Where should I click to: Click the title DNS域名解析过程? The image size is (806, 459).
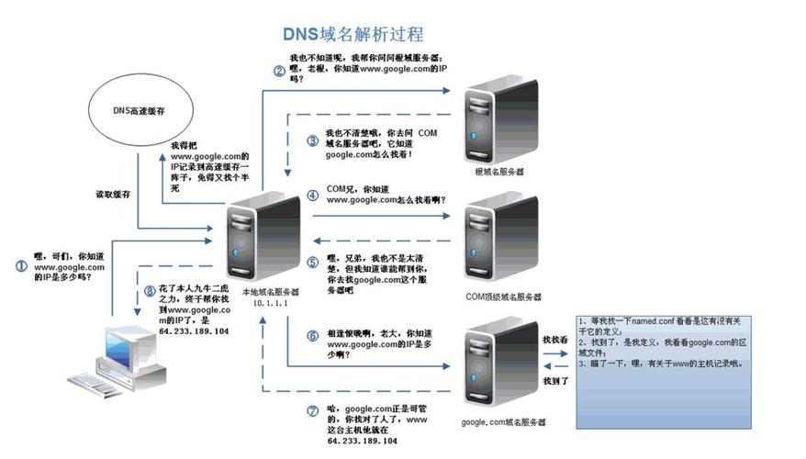coord(353,35)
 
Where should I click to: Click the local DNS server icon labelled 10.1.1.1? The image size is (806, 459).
coord(259,239)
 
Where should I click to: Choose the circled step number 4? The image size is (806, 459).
coord(312,195)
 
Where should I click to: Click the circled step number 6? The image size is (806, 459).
coord(312,336)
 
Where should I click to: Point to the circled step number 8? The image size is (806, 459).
coord(149,292)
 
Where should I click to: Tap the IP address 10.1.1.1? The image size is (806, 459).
coord(264,302)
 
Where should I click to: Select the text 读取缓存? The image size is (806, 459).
coord(115,195)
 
